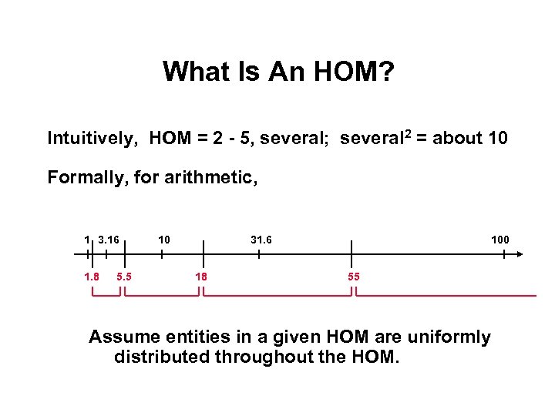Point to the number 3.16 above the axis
[x=109, y=240]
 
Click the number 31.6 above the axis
[x=261, y=240]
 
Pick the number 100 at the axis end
[x=500, y=240]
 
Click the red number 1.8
[x=92, y=277]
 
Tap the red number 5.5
[x=123, y=277]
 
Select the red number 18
[x=201, y=277]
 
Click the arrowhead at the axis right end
[x=521, y=253]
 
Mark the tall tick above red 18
[x=203, y=253]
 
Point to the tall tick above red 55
[x=351, y=253]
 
